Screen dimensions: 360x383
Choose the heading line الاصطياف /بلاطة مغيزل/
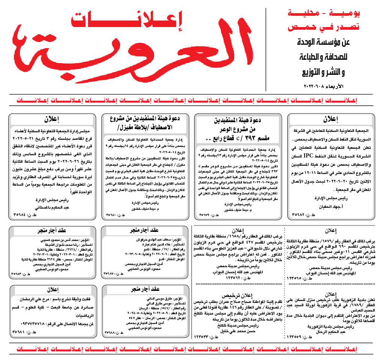pyautogui.click(x=146, y=128)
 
